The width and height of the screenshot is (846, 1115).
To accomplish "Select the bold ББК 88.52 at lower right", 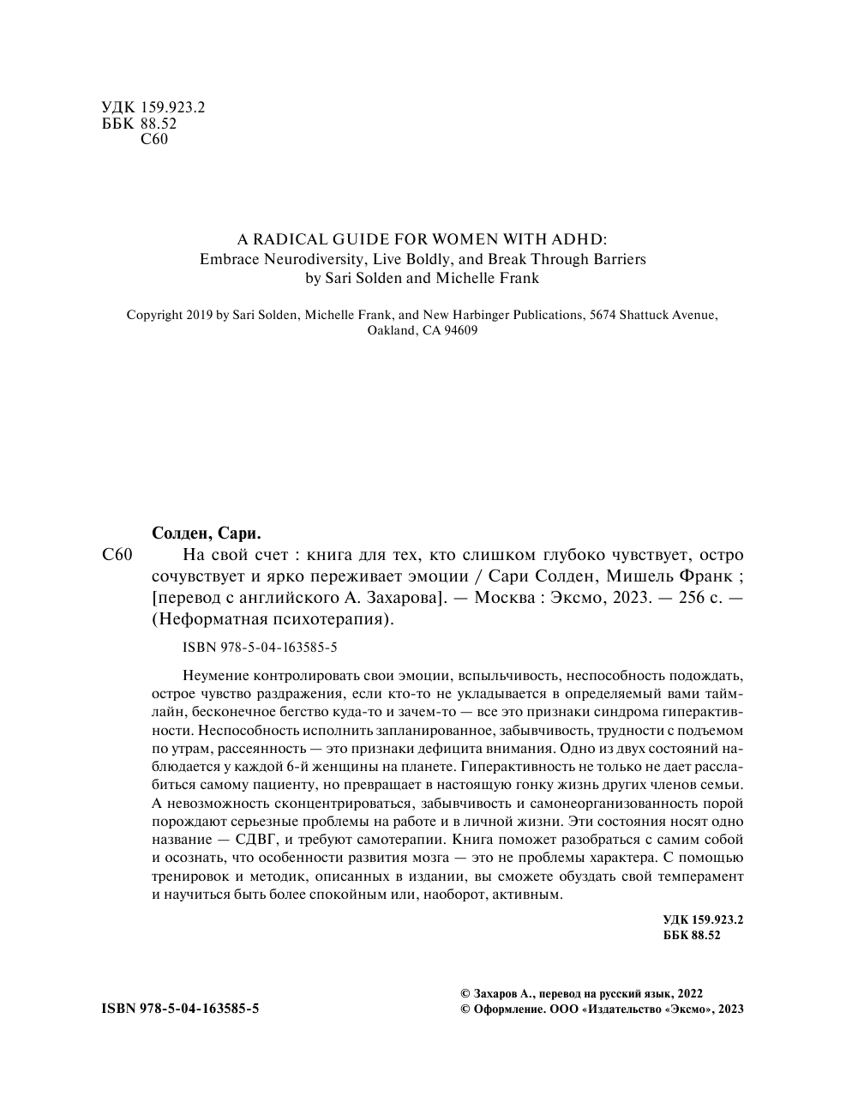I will [x=692, y=936].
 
